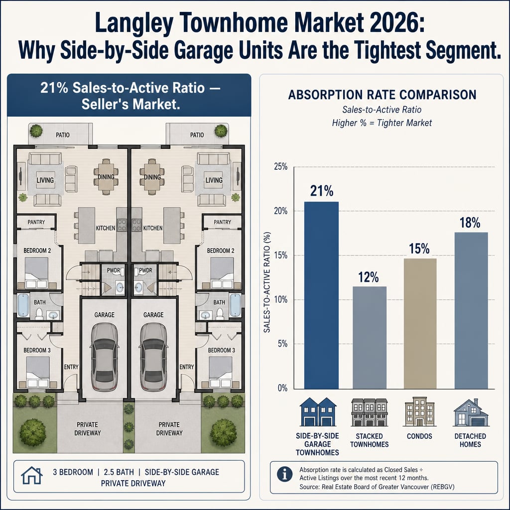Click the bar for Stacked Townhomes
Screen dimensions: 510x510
pyautogui.click(x=370, y=338)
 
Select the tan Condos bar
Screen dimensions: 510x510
pyautogui.click(x=420, y=324)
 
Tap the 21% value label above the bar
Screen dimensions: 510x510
pyautogui.click(x=322, y=191)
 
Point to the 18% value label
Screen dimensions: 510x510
pyautogui.click(x=470, y=223)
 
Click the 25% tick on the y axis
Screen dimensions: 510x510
pyautogui.click(x=281, y=166)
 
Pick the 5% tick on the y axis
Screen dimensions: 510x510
pyautogui.click(x=283, y=344)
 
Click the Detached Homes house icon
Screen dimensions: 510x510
pyautogui.click(x=471, y=412)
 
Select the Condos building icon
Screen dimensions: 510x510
pyautogui.click(x=419, y=411)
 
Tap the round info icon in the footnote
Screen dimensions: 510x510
pyautogui.click(x=284, y=474)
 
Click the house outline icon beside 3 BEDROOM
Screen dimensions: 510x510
pyautogui.click(x=32, y=475)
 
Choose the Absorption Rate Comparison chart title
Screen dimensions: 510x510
pyautogui.click(x=382, y=95)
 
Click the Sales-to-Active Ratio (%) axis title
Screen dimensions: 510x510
pyautogui.click(x=267, y=282)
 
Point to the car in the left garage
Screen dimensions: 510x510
pyautogui.click(x=104, y=357)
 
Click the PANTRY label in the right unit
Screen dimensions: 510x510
pyautogui.click(x=223, y=222)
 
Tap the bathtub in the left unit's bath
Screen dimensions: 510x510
pyautogui.click(x=23, y=305)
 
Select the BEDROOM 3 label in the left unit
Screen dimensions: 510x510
pyautogui.click(x=37, y=350)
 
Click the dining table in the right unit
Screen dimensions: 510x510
pyautogui.click(x=152, y=177)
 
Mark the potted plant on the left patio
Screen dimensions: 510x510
pyautogui.click(x=36, y=131)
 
